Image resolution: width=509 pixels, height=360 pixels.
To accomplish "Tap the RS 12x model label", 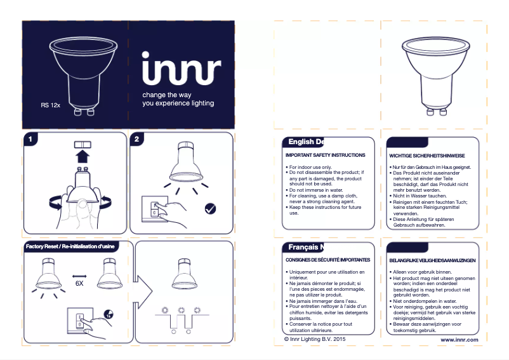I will pyautogui.click(x=50, y=104).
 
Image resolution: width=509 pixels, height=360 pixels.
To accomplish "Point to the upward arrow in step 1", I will pyautogui.click(x=81, y=156).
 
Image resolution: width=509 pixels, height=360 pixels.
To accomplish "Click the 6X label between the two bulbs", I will pyautogui.click(x=79, y=284).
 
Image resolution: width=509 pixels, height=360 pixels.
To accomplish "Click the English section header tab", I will pyautogui.click(x=305, y=142).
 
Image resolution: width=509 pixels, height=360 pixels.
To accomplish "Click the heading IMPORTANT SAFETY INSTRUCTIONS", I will pyautogui.click(x=325, y=155).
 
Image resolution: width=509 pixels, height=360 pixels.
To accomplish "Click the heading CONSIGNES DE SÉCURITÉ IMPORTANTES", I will pyautogui.click(x=327, y=260).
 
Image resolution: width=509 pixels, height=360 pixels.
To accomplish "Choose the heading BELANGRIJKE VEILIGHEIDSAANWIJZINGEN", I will pyautogui.click(x=432, y=261).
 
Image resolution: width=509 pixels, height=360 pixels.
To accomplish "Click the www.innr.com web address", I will pyautogui.click(x=459, y=340).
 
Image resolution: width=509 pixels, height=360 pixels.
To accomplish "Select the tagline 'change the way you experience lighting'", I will pyautogui.click(x=178, y=99).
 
